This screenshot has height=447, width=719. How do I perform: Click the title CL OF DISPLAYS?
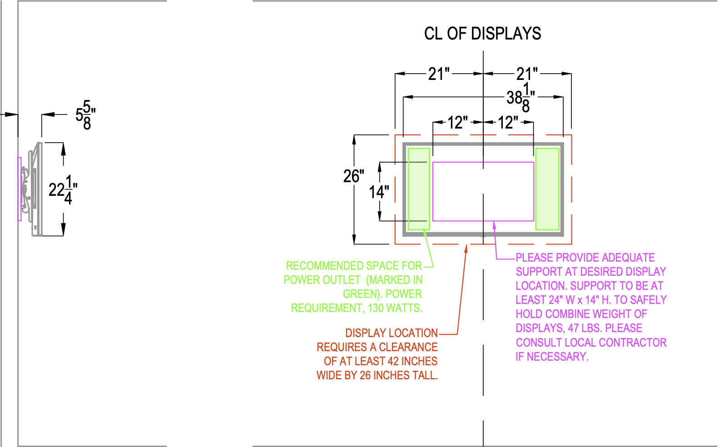[x=482, y=34]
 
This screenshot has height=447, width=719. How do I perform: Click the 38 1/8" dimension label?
[x=521, y=97]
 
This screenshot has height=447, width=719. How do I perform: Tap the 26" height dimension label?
[x=353, y=176]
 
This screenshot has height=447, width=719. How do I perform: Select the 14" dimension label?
[x=379, y=192]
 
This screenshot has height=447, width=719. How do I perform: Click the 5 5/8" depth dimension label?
[x=85, y=115]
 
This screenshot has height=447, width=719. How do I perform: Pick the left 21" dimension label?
[x=439, y=74]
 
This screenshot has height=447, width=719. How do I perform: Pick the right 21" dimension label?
[x=527, y=74]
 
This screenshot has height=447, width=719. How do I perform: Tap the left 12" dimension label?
[x=457, y=122]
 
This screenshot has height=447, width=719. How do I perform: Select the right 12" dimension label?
[x=508, y=122]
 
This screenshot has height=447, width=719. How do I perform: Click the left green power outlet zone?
[x=418, y=189]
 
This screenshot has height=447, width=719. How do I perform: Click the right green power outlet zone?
[x=547, y=189]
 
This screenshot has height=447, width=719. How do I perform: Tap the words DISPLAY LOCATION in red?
[x=392, y=333]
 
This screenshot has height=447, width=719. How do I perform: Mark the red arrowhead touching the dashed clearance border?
[x=466, y=248]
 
